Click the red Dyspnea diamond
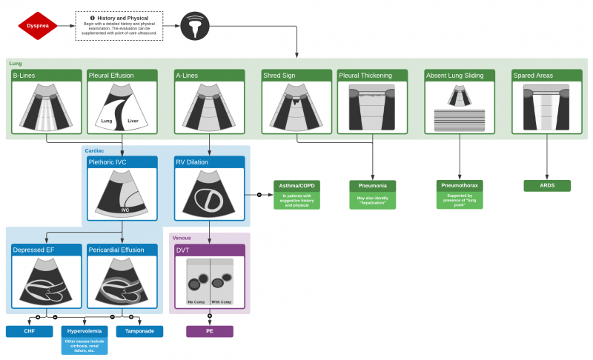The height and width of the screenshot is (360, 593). [38, 25]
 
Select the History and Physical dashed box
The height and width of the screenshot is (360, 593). [119, 25]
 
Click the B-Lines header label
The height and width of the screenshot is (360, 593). [45, 76]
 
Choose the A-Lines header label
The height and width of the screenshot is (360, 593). [208, 76]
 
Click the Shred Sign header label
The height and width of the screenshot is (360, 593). [295, 76]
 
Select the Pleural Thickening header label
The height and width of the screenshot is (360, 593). [372, 76]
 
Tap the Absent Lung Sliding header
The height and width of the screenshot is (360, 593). [460, 76]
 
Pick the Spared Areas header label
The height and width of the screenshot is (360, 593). [546, 76]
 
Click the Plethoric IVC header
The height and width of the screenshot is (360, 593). [122, 162]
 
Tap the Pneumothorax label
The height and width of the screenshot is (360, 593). [460, 185]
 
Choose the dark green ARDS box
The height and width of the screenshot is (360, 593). [546, 185]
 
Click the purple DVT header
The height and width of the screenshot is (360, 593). [208, 250]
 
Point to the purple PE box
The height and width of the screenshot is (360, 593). [208, 331]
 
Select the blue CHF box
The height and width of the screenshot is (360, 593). [30, 331]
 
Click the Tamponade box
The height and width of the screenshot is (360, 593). [139, 331]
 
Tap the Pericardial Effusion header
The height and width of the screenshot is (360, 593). [122, 250]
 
